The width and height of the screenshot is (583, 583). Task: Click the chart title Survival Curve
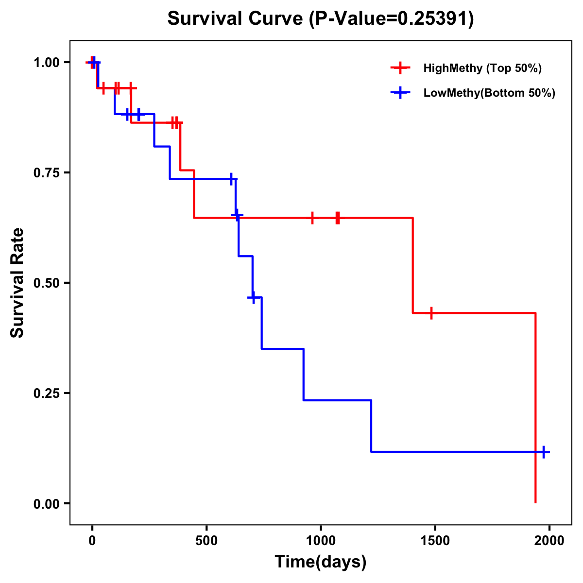pyautogui.click(x=236, y=18)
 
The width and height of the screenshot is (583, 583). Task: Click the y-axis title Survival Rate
pyautogui.click(x=17, y=283)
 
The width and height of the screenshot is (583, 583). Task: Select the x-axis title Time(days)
pyautogui.click(x=321, y=562)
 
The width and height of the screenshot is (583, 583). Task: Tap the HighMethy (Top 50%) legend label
pyautogui.click(x=482, y=68)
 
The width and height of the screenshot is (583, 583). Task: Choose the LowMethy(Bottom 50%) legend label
pyautogui.click(x=489, y=93)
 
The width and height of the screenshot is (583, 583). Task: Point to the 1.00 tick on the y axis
pyautogui.click(x=46, y=63)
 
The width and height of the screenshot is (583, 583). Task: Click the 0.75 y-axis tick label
pyautogui.click(x=46, y=173)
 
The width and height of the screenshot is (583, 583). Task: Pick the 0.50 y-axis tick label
pyautogui.click(x=46, y=283)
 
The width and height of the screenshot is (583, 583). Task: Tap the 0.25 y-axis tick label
pyautogui.click(x=46, y=394)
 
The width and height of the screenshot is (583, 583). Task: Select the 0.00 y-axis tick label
pyautogui.click(x=46, y=504)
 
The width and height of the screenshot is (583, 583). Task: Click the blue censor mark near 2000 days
pyautogui.click(x=544, y=452)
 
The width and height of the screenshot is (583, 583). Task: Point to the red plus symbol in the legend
pyautogui.click(x=400, y=68)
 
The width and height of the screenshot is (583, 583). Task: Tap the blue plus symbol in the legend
pyautogui.click(x=400, y=93)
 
